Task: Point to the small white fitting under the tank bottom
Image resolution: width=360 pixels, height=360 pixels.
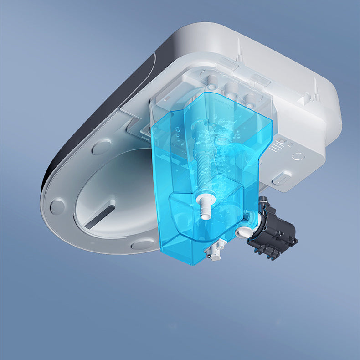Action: point(214,251)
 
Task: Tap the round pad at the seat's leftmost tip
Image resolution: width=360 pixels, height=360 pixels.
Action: point(57,206)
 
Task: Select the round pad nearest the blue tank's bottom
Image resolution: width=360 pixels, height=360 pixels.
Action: point(143,244)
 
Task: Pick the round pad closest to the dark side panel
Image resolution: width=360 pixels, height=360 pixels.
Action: point(101,147)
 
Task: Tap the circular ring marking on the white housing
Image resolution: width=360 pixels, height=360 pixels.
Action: point(299,156)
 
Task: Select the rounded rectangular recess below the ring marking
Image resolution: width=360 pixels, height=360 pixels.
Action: point(282,177)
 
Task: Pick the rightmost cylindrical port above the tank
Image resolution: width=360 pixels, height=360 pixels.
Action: point(249,98)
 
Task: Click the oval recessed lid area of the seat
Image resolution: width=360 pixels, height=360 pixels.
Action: point(114,191)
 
